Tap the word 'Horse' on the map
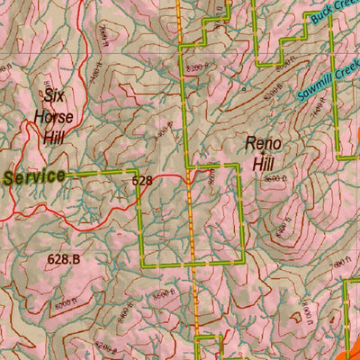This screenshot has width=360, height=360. [54, 116]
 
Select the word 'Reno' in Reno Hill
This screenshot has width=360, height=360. [264, 144]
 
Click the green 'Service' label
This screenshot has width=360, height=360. [34, 176]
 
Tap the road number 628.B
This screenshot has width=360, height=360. [64, 259]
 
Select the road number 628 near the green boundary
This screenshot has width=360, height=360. [142, 181]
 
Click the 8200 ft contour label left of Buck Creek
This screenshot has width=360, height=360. [280, 66]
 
